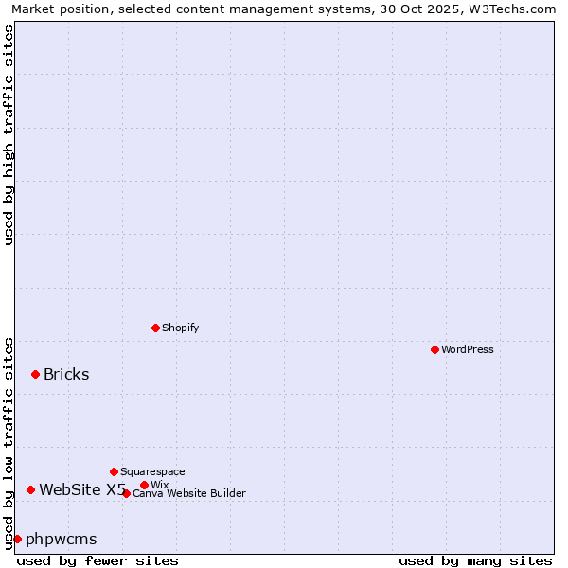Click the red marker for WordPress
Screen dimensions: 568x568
click(435, 349)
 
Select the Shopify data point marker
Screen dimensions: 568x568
click(155, 328)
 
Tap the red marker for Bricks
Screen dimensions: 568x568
click(35, 374)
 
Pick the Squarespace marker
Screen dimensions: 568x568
click(114, 471)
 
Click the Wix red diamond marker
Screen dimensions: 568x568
click(144, 485)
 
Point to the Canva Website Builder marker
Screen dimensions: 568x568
click(126, 493)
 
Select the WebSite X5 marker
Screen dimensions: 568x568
click(30, 489)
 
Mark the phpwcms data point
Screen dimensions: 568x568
click(17, 539)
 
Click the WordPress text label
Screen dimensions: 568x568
click(468, 350)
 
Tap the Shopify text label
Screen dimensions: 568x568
click(180, 328)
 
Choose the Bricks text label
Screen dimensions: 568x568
click(66, 374)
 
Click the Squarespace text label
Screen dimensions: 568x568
click(152, 472)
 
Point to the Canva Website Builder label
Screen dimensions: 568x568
click(189, 494)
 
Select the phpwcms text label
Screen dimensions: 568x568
click(62, 540)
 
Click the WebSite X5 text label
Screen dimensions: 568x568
click(82, 489)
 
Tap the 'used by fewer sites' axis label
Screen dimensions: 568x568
click(98, 560)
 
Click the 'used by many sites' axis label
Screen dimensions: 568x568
click(475, 560)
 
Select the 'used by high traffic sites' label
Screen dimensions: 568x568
click(9, 134)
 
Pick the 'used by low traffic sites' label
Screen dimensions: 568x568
click(9, 442)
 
